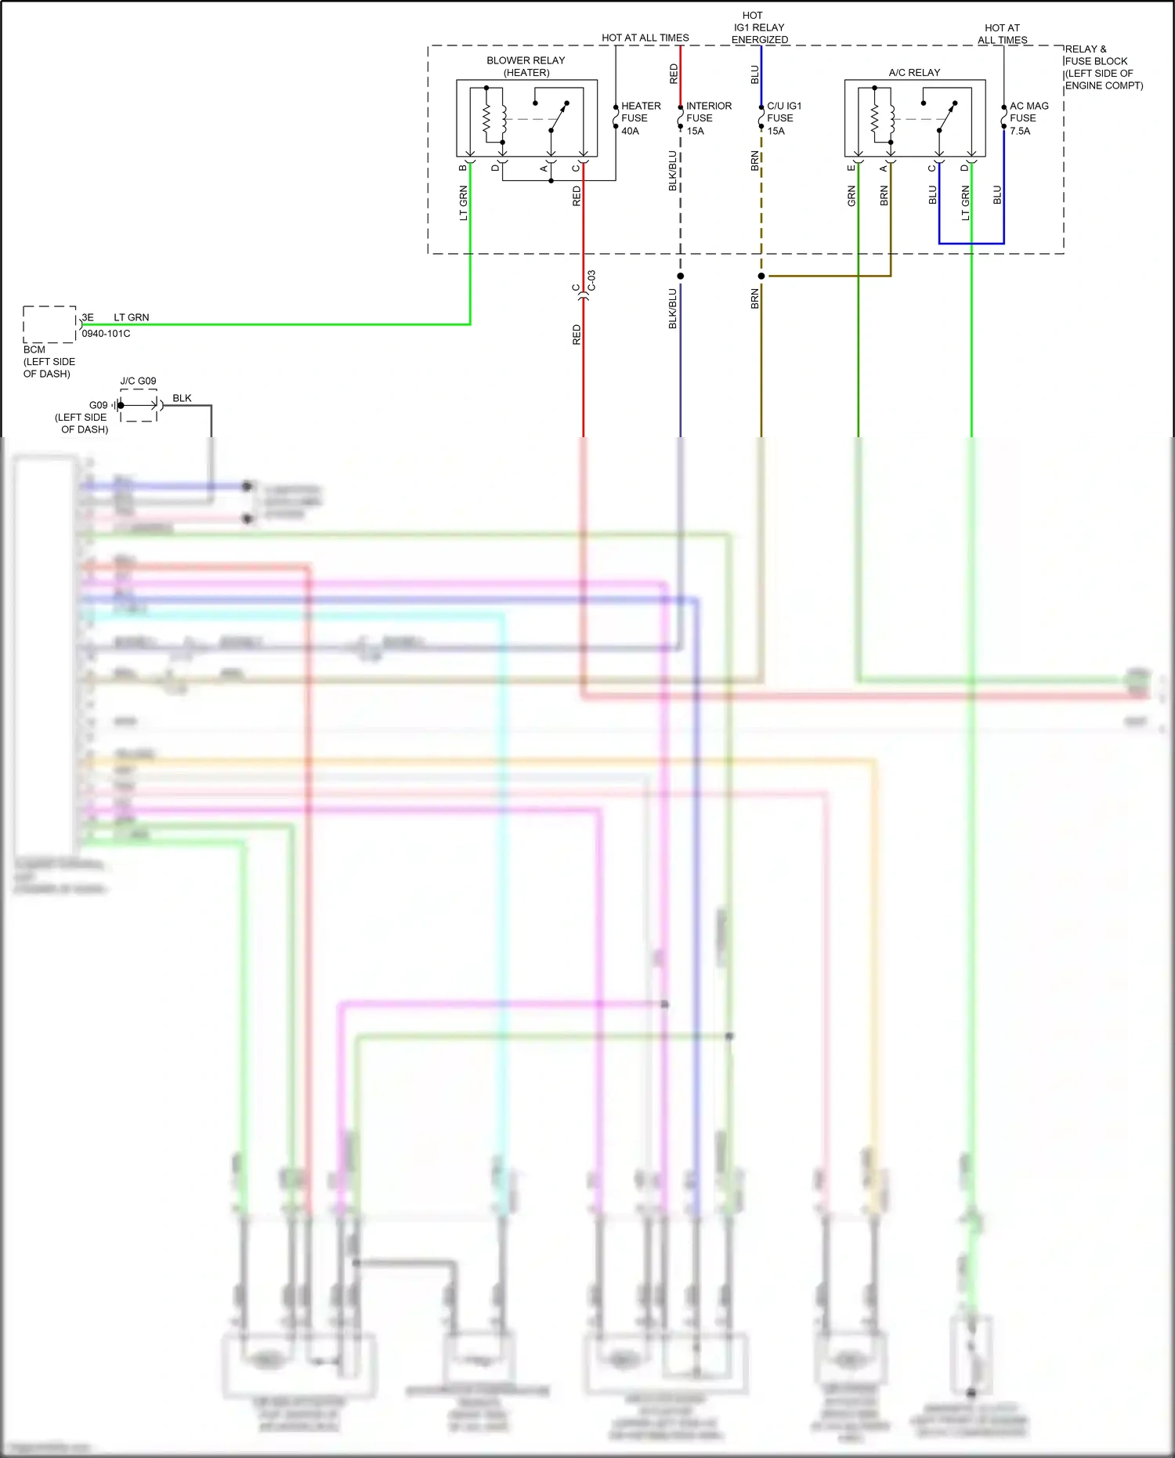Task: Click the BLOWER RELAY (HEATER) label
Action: pos(526,67)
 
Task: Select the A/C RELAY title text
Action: pos(914,72)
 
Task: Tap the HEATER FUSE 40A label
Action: pos(640,118)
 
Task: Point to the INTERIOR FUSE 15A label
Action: pos(708,118)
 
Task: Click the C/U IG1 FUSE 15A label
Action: pos(783,118)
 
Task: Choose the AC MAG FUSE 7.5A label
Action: pos(1028,118)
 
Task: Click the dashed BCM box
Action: pos(49,324)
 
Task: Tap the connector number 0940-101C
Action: pos(106,334)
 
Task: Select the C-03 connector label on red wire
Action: pos(592,280)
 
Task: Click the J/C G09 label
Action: pos(138,381)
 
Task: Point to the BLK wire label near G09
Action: pos(182,398)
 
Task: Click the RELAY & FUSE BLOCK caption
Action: pos(1103,67)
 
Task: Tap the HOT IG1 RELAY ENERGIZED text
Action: pos(758,27)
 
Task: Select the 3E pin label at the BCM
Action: pos(88,317)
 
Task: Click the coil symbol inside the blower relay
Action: pos(486,119)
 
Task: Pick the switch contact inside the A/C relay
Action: pos(945,118)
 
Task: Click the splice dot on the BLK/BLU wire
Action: pos(680,276)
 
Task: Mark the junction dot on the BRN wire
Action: pos(761,276)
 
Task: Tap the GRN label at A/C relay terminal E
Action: pos(851,196)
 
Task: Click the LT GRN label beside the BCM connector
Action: pos(131,317)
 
